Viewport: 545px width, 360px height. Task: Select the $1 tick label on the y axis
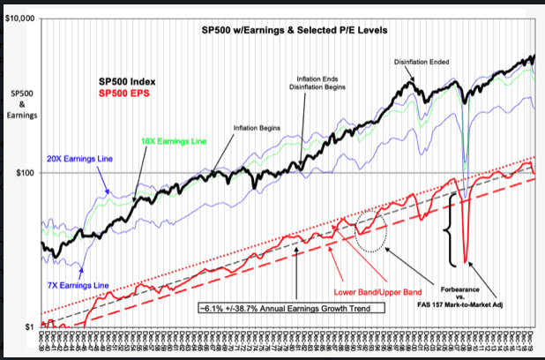click(31, 327)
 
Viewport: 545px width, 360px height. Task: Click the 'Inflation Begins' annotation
click(257, 128)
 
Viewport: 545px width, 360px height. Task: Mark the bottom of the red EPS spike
click(465, 262)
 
